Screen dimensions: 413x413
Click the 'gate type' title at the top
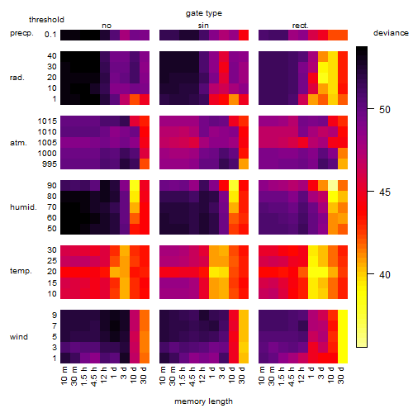[x=204, y=13]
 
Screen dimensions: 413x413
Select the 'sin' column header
[x=203, y=26]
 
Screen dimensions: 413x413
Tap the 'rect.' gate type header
[x=300, y=26]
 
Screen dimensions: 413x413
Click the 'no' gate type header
[x=107, y=26]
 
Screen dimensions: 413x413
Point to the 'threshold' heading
[x=46, y=20]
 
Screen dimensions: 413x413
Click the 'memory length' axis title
[x=203, y=401]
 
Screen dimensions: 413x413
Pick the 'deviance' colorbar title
[x=391, y=33]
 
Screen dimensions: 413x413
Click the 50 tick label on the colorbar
[x=385, y=110]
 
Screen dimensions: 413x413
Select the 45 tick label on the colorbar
[x=385, y=192]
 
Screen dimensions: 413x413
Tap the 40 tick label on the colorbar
[x=385, y=274]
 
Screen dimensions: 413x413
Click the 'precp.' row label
[x=21, y=33]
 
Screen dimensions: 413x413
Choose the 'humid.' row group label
[x=23, y=206]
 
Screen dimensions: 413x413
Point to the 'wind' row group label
[x=19, y=337]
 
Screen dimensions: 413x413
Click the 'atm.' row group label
[x=18, y=143]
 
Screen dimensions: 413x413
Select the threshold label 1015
[x=47, y=121]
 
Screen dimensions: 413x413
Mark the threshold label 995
[x=50, y=164]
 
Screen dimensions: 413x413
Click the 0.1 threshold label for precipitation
[x=50, y=35]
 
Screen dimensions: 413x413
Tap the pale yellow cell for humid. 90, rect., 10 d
[x=333, y=186]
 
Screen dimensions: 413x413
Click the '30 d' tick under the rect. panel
[x=341, y=375]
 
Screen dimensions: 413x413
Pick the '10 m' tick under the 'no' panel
[x=64, y=376]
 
